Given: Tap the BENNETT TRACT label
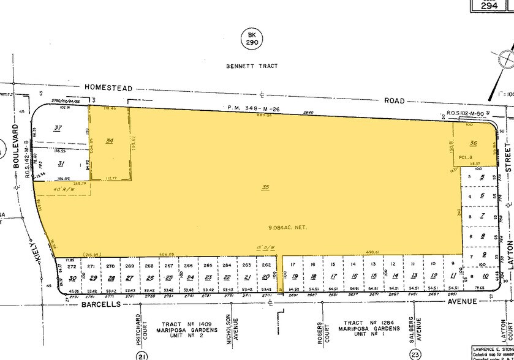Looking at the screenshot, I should coord(251,66).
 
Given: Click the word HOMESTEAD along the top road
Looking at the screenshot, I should coord(108,88).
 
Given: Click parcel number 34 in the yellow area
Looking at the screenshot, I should coord(110,141).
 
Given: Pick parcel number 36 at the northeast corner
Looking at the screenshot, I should coord(473,143).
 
